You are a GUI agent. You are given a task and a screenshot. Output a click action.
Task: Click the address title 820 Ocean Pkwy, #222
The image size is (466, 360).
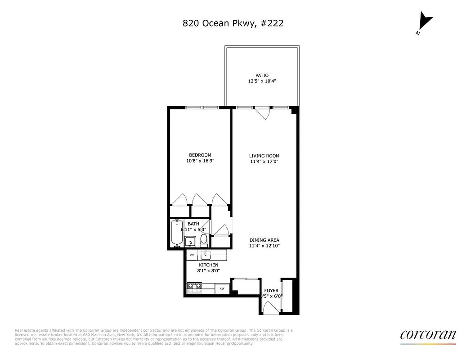tap(233, 23)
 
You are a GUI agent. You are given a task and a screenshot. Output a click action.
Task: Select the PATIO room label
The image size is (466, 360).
tap(262, 76)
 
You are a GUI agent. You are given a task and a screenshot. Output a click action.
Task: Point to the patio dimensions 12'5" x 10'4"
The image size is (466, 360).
tap(262, 81)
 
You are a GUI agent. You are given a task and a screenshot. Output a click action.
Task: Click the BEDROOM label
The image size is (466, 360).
tap(200, 155)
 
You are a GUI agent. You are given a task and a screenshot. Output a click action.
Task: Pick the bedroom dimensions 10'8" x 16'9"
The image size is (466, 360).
tap(200, 161)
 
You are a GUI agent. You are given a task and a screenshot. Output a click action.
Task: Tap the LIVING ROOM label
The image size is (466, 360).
tap(264, 156)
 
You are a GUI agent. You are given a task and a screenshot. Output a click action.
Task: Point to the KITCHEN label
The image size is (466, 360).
tap(208, 265)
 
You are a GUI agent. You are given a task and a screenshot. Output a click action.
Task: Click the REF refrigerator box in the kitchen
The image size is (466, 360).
tap(222, 288)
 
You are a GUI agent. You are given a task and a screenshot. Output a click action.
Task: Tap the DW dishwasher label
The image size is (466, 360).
tap(192, 255)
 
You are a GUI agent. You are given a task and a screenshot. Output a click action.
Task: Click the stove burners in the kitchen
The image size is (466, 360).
tap(195, 288)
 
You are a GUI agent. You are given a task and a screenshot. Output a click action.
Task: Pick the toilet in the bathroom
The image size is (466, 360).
tap(204, 239)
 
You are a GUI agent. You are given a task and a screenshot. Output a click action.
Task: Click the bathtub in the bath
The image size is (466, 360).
tap(177, 234)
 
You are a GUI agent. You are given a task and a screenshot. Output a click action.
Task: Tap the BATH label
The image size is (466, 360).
tap(193, 224)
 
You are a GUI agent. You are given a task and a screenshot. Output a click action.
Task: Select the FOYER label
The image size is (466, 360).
tap(271, 291)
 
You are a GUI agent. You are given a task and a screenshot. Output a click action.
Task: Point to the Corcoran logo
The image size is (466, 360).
tap(428, 335)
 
